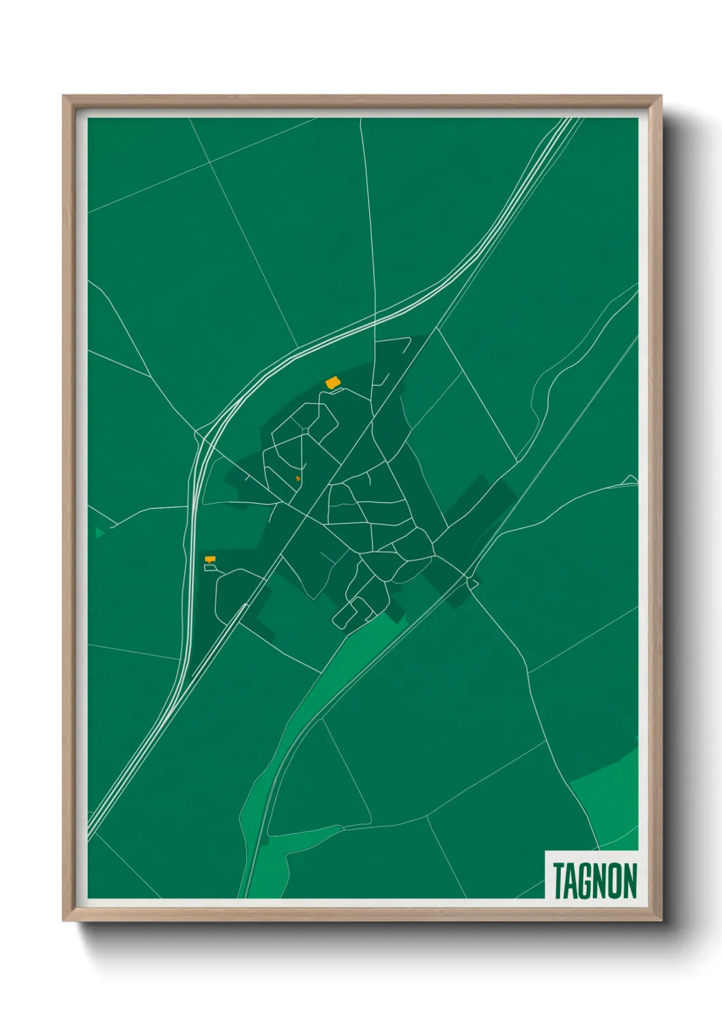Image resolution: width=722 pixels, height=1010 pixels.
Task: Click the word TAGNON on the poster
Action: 594,880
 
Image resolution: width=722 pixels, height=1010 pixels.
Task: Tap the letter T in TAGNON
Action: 558,880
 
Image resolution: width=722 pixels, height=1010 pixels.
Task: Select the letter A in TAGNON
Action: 572,880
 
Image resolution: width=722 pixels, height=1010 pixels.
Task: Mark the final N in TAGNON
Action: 630,880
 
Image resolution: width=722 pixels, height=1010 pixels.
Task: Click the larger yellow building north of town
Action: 332,383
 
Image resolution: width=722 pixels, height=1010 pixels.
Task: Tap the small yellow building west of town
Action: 210,559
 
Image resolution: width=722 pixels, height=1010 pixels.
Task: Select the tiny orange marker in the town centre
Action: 298,478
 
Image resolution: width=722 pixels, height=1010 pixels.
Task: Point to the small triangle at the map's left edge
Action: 100,532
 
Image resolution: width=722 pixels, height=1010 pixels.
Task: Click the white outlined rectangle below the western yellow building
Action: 210,568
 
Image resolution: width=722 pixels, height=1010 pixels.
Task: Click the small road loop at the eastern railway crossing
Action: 472,581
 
